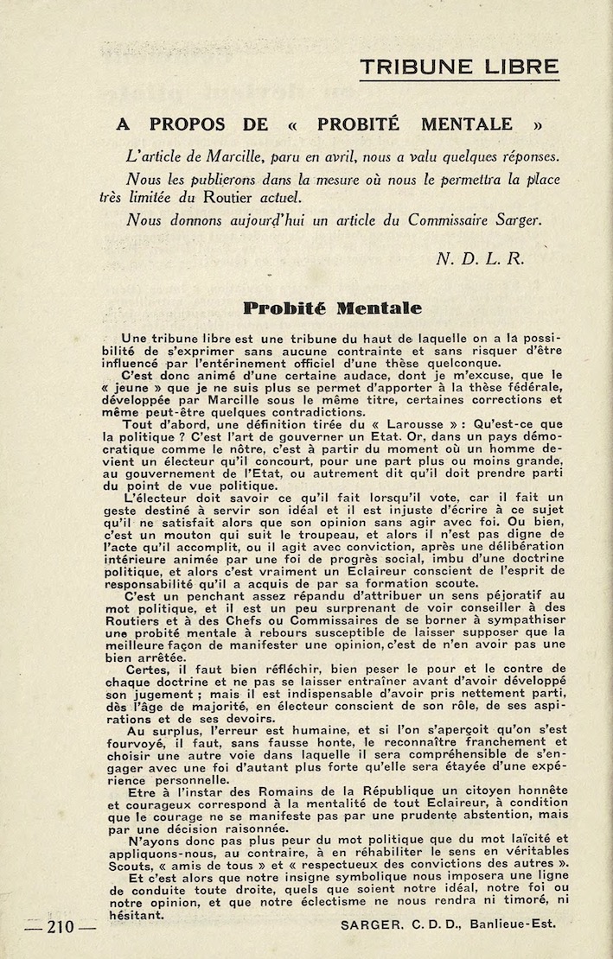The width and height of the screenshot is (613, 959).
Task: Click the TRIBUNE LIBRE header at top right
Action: point(459,67)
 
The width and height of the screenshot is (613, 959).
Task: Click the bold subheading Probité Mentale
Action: point(332,308)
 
